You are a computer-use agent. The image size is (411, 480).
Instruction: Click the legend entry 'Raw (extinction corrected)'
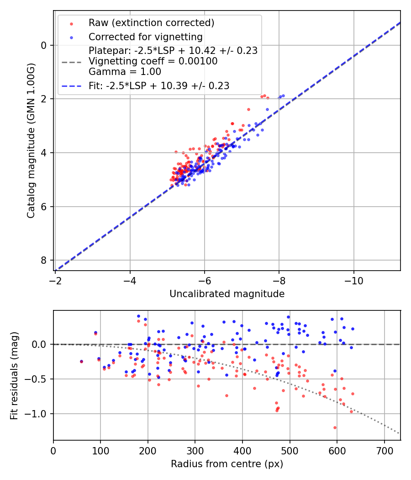click(151, 23)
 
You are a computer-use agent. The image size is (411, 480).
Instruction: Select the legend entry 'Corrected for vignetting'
click(145, 37)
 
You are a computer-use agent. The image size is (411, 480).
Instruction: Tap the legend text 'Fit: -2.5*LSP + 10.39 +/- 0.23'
click(159, 85)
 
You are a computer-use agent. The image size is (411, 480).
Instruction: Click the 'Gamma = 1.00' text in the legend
click(125, 72)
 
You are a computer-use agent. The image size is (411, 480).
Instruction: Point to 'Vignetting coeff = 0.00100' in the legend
click(153, 61)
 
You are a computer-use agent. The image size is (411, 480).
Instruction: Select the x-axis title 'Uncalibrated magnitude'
click(227, 294)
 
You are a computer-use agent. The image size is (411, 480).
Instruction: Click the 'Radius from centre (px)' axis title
click(227, 464)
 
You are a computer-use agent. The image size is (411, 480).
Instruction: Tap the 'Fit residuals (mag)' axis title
click(14, 375)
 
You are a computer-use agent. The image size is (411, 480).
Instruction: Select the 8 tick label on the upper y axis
click(44, 260)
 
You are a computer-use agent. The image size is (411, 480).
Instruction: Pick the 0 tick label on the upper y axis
click(44, 45)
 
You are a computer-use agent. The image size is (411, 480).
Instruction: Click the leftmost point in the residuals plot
click(81, 361)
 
